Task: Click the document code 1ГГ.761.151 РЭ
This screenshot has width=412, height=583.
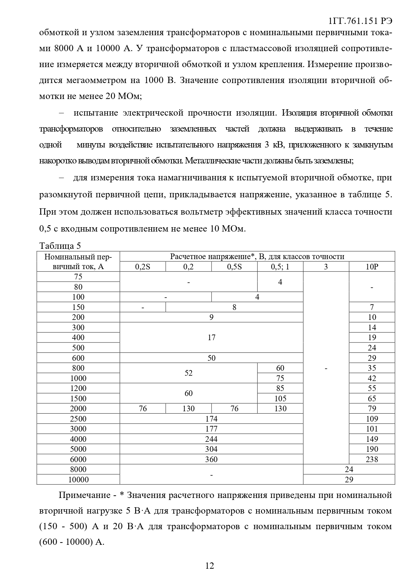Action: pos(360,21)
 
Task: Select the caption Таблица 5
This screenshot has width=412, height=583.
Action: pos(60,246)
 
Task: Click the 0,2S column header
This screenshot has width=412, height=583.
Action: pos(143,267)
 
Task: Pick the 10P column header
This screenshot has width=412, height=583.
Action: pos(372,267)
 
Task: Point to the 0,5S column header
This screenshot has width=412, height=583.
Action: pos(234,267)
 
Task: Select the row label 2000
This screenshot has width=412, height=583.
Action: pos(78,409)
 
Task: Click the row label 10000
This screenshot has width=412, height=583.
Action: pos(78,480)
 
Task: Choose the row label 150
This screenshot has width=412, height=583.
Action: pos(78,307)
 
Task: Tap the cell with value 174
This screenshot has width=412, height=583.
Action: pos(211,419)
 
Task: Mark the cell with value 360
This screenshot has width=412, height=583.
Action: pos(211,459)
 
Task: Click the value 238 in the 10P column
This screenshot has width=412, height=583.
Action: pos(372,459)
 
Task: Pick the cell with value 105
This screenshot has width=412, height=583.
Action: pos(280,399)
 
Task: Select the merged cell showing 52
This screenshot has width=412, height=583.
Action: pos(189,373)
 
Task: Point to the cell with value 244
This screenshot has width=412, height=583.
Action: pos(211,439)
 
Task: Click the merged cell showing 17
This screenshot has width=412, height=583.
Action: pos(211,338)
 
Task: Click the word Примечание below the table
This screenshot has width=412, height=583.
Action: pos(84,495)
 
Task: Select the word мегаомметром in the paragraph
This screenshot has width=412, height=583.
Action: pos(99,80)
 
